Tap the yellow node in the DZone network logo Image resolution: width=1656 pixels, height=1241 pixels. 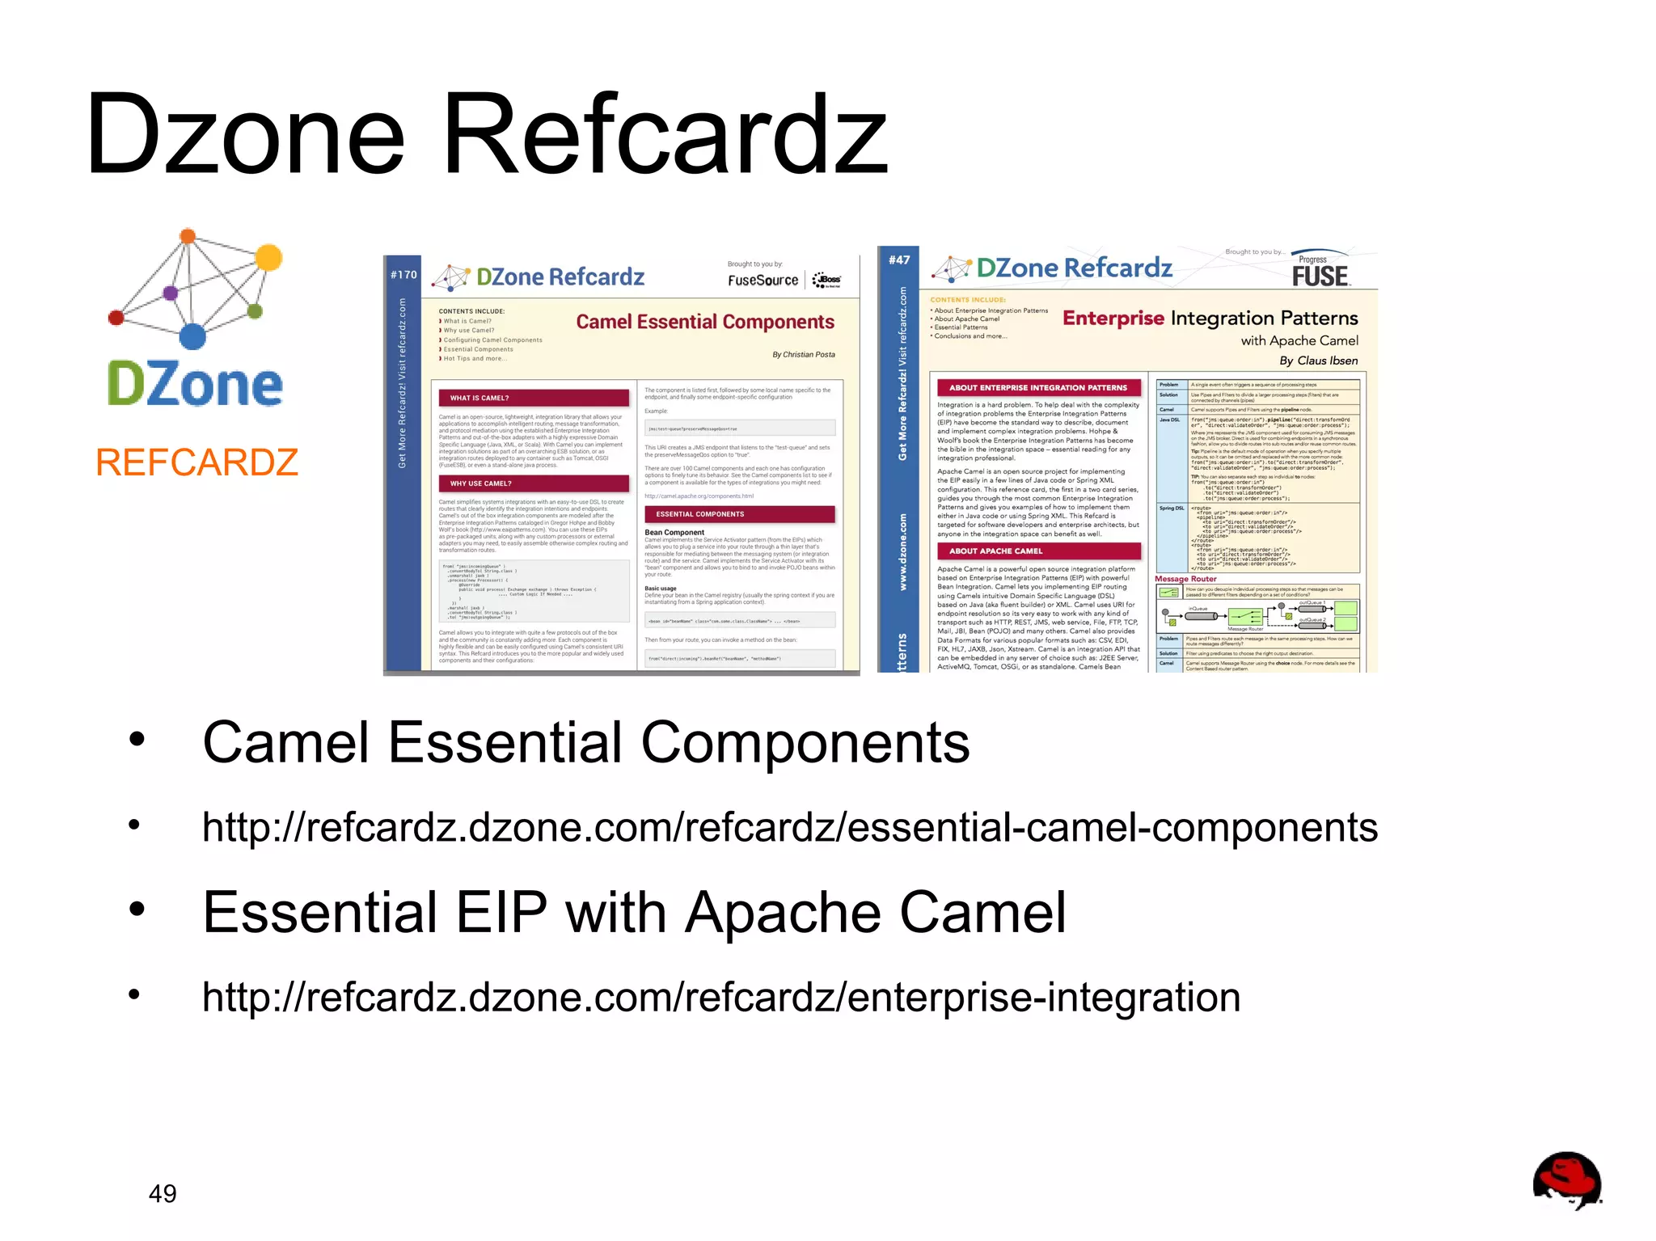(268, 257)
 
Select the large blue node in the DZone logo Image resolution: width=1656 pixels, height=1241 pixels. (192, 336)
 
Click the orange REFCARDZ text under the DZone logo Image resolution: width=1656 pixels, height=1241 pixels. (196, 462)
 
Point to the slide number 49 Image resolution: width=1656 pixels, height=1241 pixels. (163, 1193)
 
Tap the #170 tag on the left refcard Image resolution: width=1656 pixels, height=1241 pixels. (403, 275)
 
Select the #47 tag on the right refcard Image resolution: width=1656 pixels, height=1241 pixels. (898, 260)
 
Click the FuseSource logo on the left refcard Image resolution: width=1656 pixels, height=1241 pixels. (763, 281)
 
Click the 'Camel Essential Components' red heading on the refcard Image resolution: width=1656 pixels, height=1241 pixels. (704, 322)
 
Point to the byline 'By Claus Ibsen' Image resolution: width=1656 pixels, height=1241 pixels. (1318, 361)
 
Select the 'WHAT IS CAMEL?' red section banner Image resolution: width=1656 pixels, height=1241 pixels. (533, 398)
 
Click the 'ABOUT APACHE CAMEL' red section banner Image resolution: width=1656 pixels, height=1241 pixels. (1038, 551)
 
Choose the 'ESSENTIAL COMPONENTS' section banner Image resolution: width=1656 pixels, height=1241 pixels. (739, 514)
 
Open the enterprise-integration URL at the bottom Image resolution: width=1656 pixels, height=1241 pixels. (720, 997)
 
